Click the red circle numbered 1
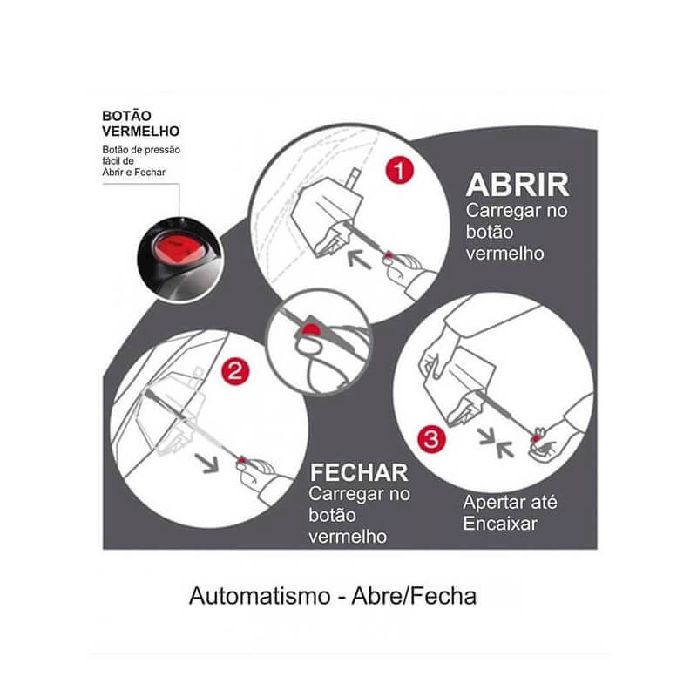(400, 171)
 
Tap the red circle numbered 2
(235, 371)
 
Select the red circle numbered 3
(431, 439)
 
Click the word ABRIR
(518, 185)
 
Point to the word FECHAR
(359, 473)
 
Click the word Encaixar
(500, 524)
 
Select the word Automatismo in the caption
(260, 596)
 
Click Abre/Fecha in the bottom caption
(414, 596)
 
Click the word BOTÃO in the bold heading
(126, 116)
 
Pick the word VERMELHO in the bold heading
(141, 132)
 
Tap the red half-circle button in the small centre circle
(311, 330)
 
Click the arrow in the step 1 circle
(359, 259)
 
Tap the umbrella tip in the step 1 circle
(355, 177)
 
